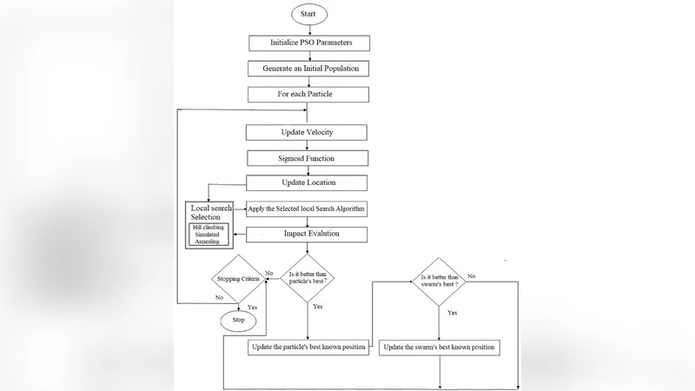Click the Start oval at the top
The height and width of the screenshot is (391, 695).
[309, 15]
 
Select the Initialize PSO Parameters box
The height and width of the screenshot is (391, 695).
[309, 43]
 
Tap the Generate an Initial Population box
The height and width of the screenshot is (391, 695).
[309, 68]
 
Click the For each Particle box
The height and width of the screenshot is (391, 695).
[309, 93]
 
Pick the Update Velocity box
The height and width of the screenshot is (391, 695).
[307, 133]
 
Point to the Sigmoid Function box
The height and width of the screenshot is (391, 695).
[307, 159]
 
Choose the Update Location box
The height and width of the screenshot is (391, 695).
[307, 183]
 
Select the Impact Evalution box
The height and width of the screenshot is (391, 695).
[307, 235]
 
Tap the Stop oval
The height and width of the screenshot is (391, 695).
[237, 320]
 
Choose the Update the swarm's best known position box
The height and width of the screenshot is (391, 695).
[439, 348]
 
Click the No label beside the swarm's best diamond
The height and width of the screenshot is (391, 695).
[472, 275]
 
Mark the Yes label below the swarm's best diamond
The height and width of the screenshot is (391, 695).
[452, 311]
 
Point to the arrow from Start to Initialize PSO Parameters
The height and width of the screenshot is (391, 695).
[309, 30]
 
